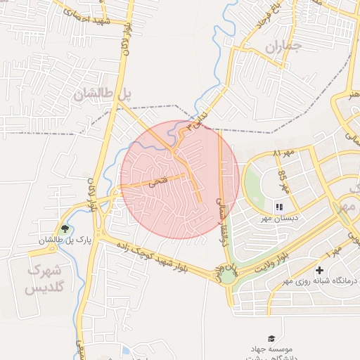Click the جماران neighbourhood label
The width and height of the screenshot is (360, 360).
coord(283,47)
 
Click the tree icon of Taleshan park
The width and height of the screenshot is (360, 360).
coord(65,229)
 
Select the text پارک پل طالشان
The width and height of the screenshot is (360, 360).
coord(56,241)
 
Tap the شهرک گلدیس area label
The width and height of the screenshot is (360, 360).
coord(44,279)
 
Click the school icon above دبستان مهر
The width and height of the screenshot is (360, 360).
coord(278,207)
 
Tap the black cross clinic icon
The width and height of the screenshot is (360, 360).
coord(320,270)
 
